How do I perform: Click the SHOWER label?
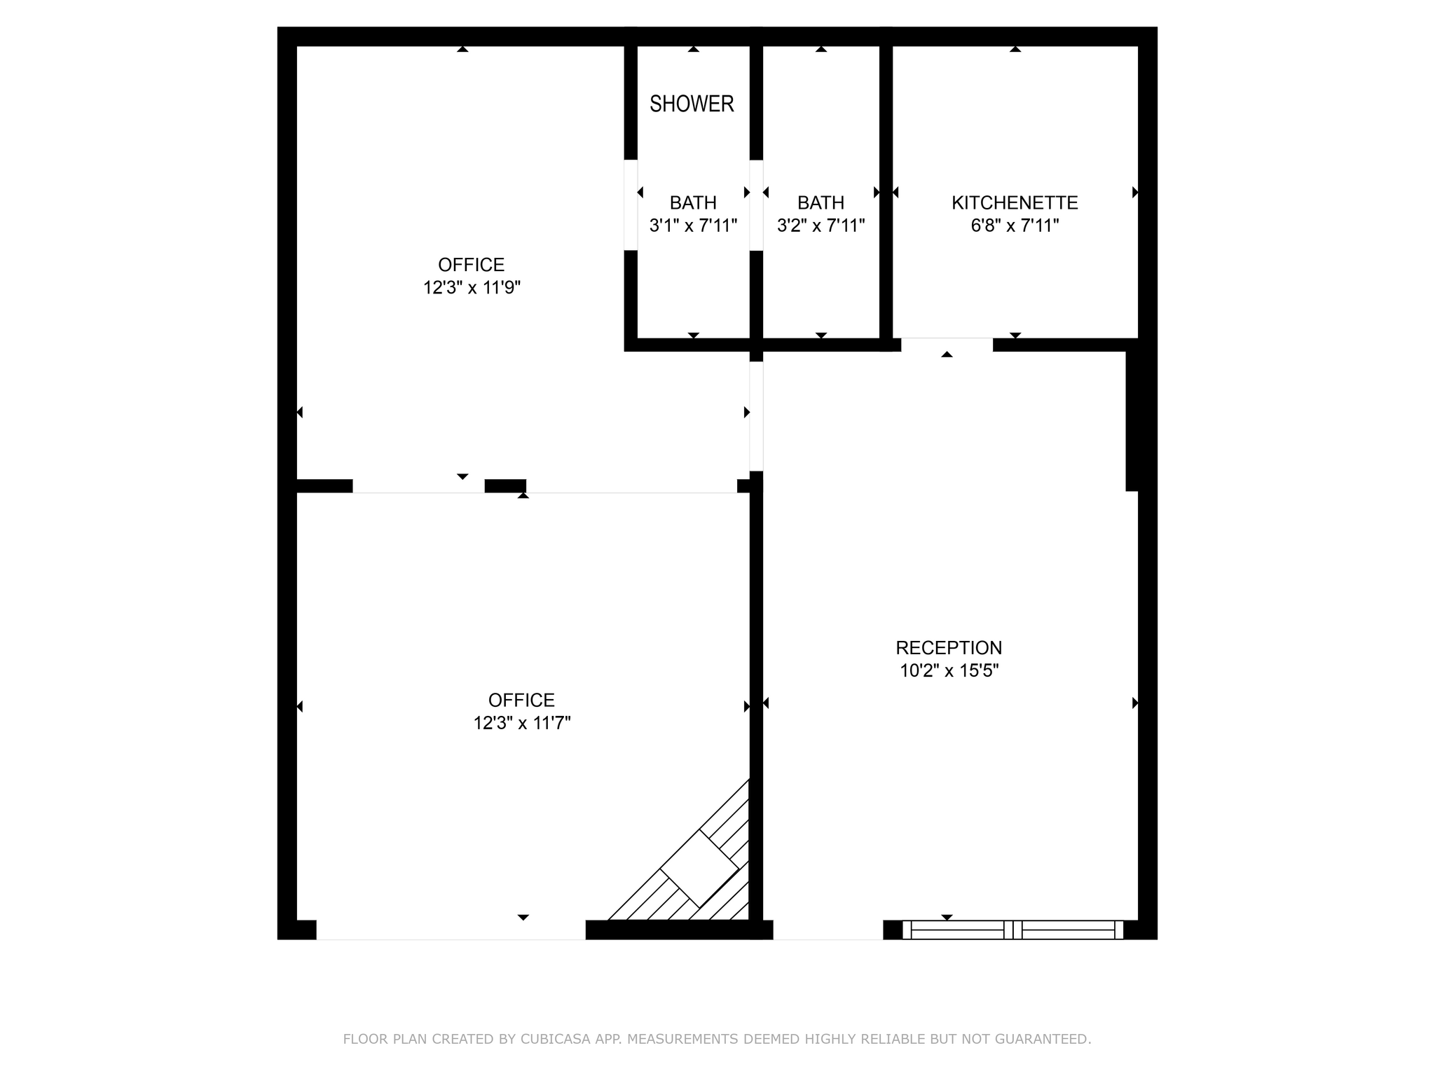692,104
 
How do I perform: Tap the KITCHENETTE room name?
1014,202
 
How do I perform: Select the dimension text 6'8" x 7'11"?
1014,226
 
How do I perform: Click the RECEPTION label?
949,647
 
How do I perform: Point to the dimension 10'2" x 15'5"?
949,670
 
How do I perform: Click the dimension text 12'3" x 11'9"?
472,288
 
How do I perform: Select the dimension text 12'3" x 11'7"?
522,723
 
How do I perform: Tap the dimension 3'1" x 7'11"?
693,226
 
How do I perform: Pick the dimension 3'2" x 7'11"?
821,226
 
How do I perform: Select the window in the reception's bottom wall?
1012,930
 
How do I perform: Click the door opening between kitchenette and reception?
947,344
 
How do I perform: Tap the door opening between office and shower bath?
631,205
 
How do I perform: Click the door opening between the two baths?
756,205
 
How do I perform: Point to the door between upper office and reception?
756,416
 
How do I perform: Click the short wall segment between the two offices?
505,485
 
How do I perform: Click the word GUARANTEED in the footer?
1045,1039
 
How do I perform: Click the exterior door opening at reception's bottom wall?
828,930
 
